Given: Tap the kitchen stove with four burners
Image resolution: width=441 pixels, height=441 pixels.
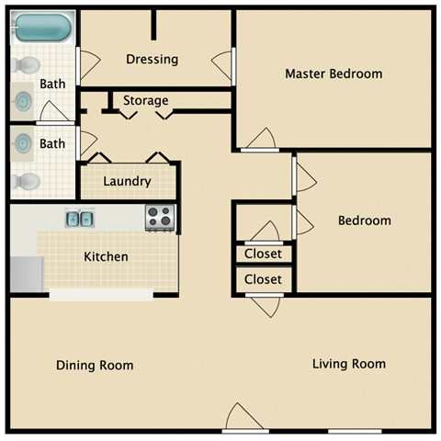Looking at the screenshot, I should coord(160,218).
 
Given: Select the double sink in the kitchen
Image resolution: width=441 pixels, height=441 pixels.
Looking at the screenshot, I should coord(79,219).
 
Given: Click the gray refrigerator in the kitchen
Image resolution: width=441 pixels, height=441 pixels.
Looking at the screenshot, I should coord(26,274).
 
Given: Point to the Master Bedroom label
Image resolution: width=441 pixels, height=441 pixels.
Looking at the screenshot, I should coord(334,73).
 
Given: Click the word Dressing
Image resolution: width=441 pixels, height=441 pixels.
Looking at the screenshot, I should coord(152,60).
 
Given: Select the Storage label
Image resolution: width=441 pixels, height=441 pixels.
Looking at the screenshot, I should coord(146,100).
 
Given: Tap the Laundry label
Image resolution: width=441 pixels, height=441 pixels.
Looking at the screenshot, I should coord(127,181).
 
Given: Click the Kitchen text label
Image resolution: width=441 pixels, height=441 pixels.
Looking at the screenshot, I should coord(107,256).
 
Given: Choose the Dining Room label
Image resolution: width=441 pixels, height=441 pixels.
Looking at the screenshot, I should coord(95,366).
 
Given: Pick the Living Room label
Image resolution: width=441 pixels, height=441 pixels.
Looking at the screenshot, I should coord(348,364).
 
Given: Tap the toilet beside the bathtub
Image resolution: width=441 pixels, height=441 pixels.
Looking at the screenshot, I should coord(27,66).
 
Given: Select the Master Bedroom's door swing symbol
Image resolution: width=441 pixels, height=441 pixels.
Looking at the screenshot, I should coord(260,139).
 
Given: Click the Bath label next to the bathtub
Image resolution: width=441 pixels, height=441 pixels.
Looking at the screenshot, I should coord(52,85).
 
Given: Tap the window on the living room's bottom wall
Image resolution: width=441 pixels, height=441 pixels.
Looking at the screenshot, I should coord(355,431).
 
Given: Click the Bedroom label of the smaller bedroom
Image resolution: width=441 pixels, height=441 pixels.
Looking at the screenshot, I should coord(364,220).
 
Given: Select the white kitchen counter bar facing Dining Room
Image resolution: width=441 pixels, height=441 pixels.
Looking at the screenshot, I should coord(101,295).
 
